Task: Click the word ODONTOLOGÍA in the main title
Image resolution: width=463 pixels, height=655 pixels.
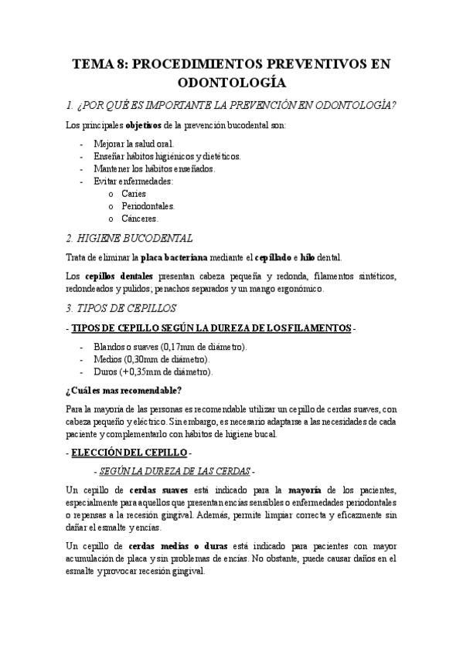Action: click(231, 81)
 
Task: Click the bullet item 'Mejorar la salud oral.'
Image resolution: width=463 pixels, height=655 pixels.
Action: click(134, 144)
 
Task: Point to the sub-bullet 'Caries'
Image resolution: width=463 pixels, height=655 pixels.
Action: click(134, 194)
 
